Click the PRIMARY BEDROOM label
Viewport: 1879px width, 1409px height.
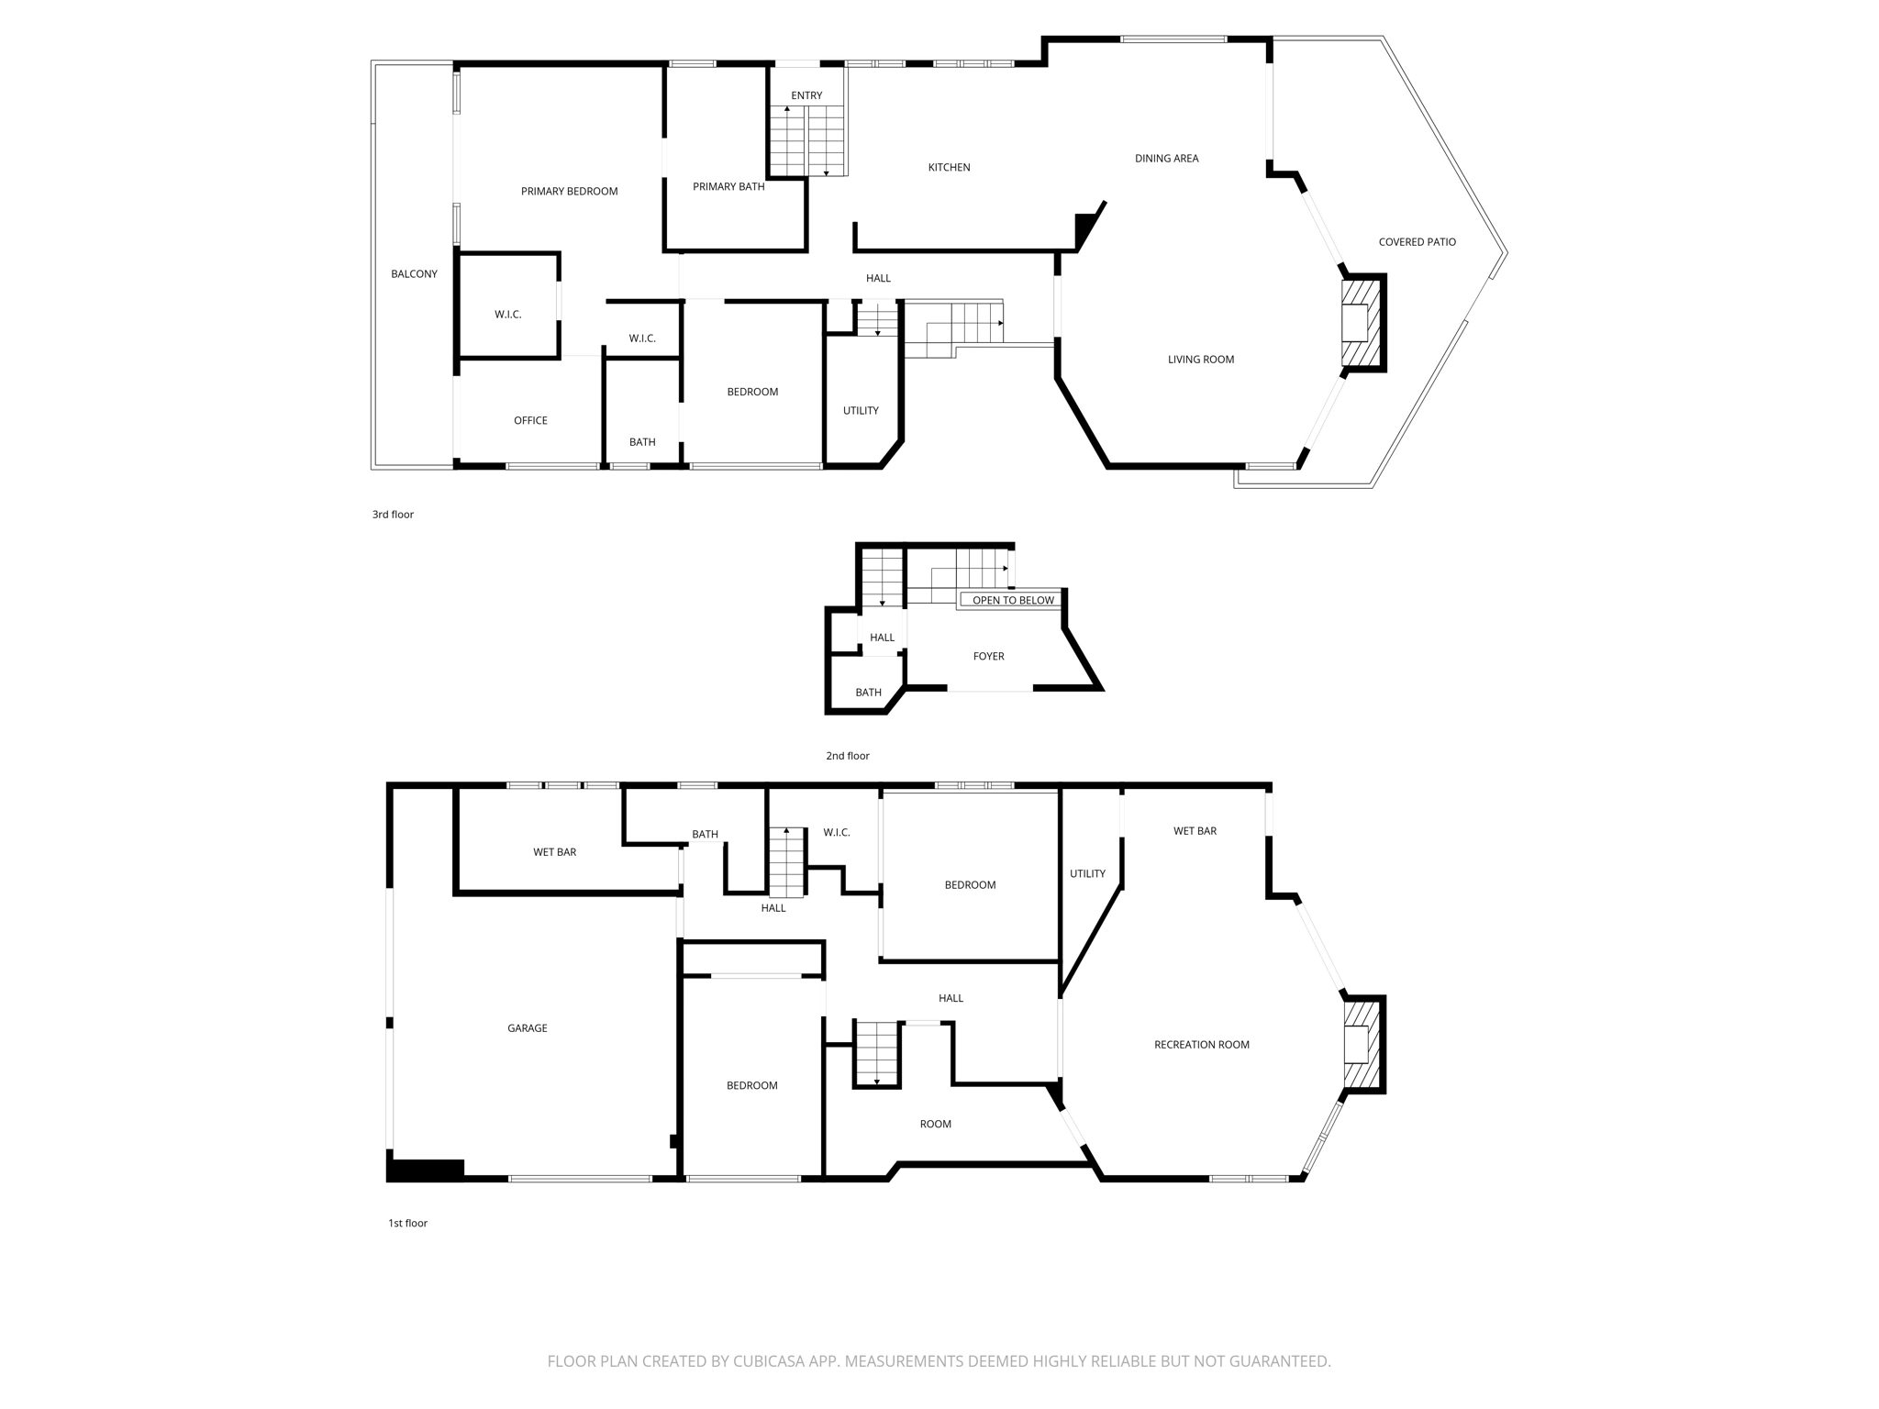click(x=569, y=191)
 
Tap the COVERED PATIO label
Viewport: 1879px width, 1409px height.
click(x=1417, y=242)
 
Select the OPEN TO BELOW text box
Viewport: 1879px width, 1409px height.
click(x=1013, y=600)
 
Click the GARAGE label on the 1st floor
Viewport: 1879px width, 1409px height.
click(x=527, y=1028)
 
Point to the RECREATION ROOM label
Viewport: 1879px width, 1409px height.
click(x=1201, y=1045)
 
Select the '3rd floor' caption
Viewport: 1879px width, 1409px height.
click(x=393, y=515)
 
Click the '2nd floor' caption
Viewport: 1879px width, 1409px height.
click(x=847, y=756)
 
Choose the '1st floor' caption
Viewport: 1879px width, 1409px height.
click(x=407, y=1223)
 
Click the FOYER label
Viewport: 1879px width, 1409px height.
click(x=988, y=656)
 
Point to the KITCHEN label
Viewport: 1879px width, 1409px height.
click(x=949, y=167)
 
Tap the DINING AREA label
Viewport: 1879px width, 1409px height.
click(x=1166, y=158)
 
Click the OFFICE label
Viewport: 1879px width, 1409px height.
click(x=530, y=420)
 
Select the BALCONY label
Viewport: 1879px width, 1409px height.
click(x=414, y=273)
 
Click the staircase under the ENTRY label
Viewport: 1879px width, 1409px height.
click(x=806, y=139)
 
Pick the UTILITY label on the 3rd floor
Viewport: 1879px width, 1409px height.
click(x=861, y=410)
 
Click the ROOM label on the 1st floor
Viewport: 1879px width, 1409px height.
click(x=935, y=1124)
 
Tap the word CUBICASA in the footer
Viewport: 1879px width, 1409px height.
click(x=769, y=1361)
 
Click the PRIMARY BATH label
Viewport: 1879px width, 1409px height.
click(x=728, y=186)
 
